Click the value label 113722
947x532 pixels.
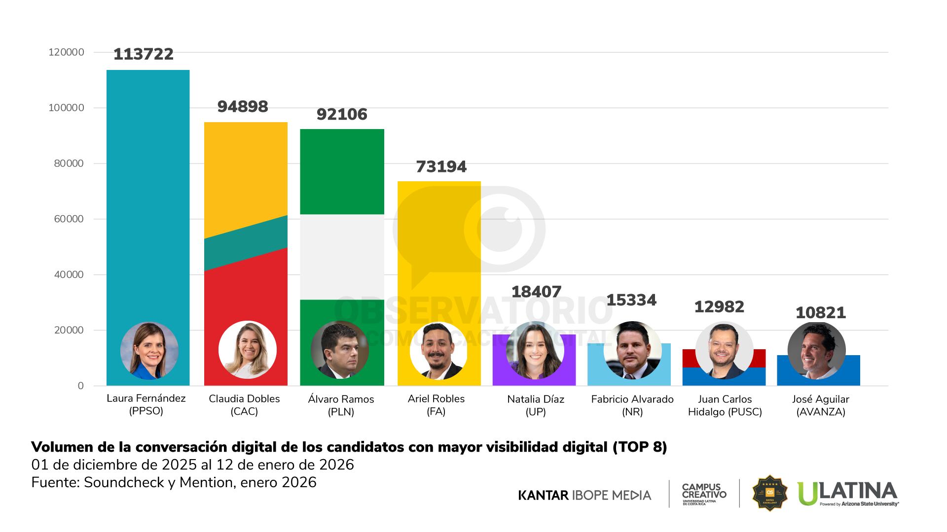click(x=144, y=54)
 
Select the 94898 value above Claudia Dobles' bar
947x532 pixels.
click(x=243, y=106)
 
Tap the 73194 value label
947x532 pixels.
click(x=441, y=166)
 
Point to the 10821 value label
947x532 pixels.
click(x=821, y=313)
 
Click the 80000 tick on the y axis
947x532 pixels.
click(x=69, y=164)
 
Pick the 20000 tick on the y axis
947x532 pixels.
click(x=69, y=331)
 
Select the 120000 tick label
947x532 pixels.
click(x=66, y=52)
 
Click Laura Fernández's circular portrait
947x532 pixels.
click(x=149, y=351)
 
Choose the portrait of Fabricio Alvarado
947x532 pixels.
click(x=632, y=350)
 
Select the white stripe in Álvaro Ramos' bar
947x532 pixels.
click(x=342, y=257)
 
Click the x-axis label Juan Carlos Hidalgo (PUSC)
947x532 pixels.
click(x=725, y=405)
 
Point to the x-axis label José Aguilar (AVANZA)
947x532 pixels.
click(x=821, y=405)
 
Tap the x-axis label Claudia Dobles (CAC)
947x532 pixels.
click(x=244, y=405)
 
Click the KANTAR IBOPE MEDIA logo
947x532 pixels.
click(x=584, y=495)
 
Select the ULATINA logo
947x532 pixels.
click(x=847, y=494)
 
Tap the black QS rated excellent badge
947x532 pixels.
click(x=769, y=493)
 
